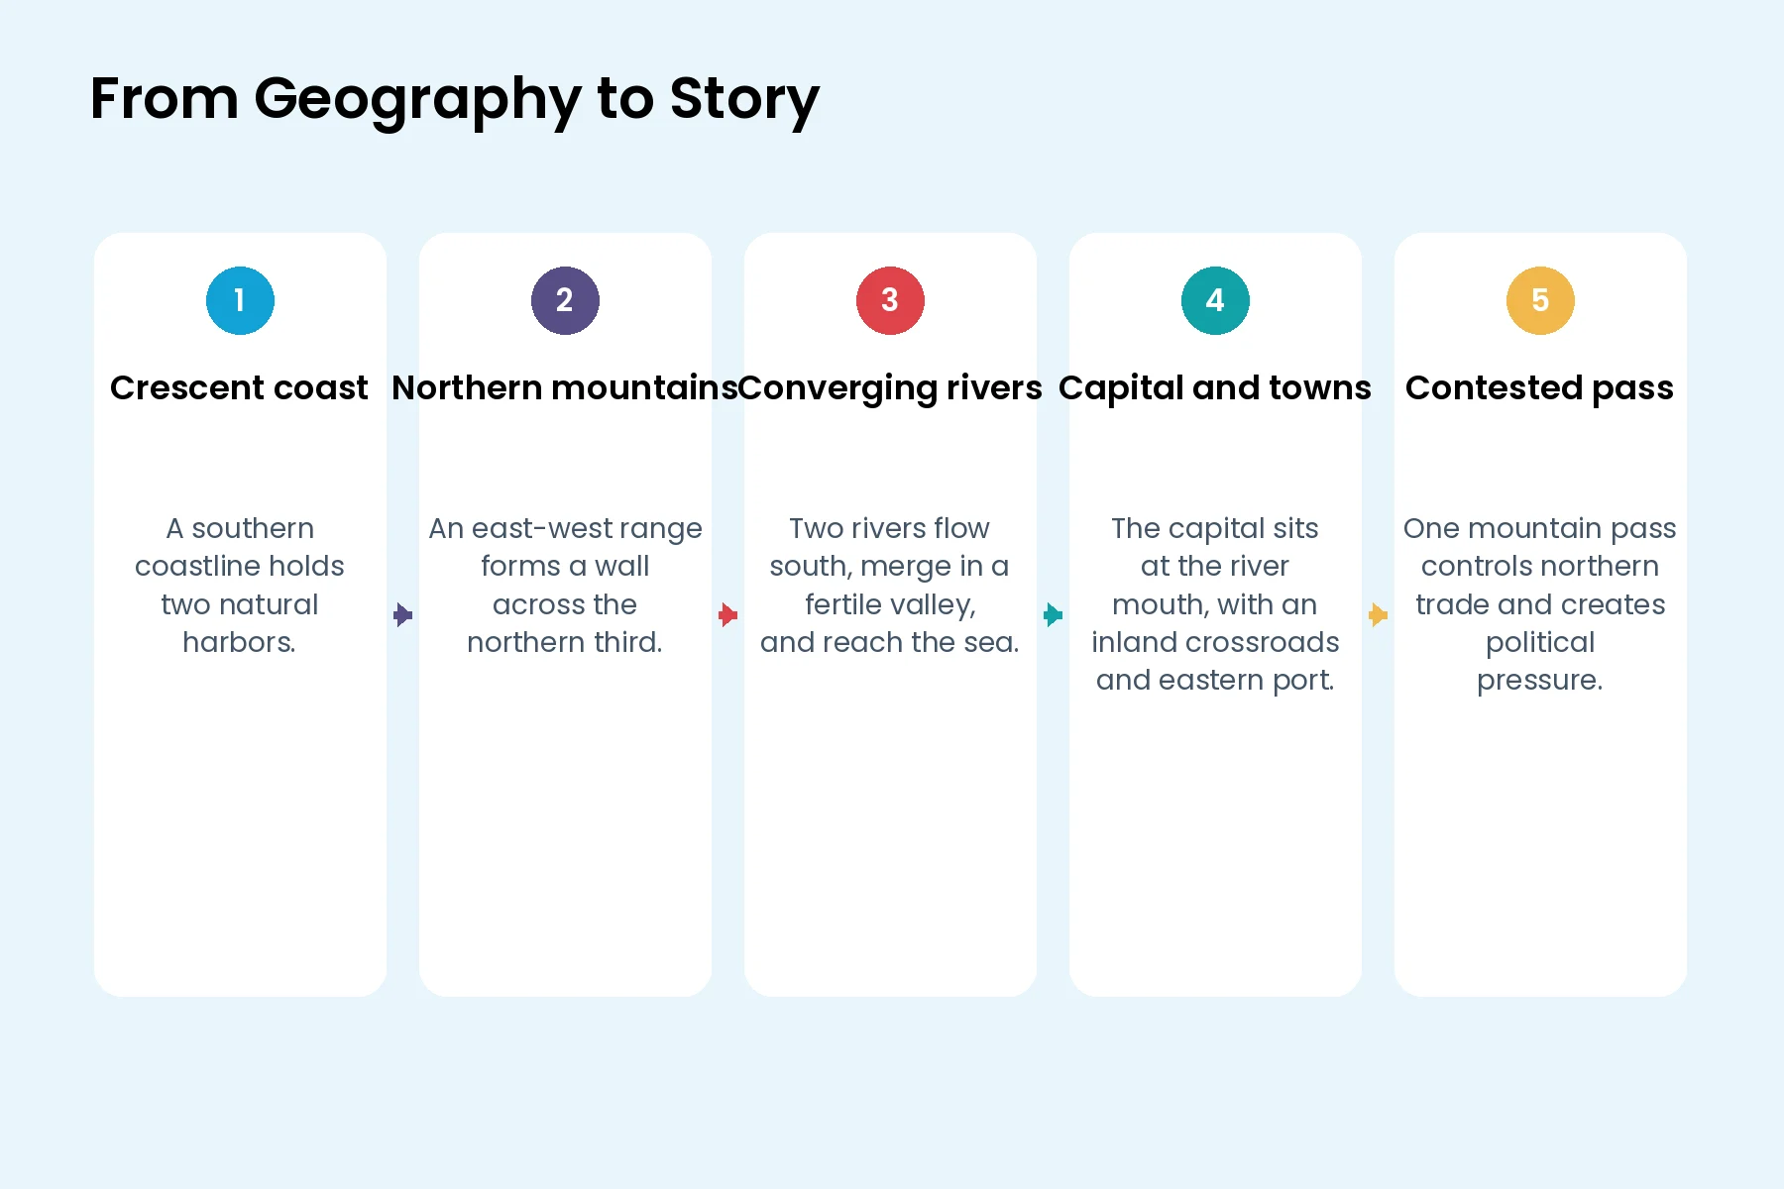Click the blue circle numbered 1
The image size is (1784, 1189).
240,300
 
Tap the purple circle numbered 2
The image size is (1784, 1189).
565,300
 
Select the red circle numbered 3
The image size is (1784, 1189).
890,300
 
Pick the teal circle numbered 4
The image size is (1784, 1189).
1215,300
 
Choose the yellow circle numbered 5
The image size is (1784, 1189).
1540,300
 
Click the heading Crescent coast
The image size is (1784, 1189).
239,387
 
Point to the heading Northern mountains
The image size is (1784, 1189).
565,387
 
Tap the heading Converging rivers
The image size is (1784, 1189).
890,388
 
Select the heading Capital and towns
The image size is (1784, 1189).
1215,388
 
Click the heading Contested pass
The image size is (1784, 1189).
1539,388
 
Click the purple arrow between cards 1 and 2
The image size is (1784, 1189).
402,615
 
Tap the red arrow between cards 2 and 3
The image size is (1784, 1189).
727,615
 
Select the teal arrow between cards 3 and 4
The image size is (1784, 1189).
1053,615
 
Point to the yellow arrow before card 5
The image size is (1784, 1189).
1378,615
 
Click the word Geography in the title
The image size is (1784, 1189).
417,100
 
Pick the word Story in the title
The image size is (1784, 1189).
744,100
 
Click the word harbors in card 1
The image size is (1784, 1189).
239,642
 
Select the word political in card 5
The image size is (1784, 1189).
1540,643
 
